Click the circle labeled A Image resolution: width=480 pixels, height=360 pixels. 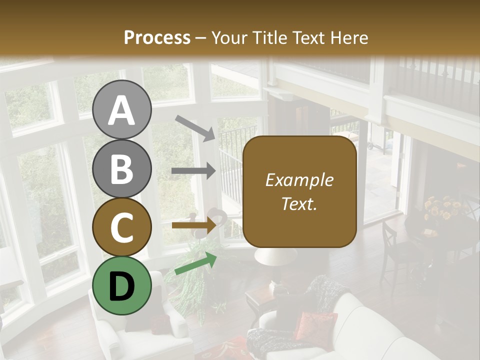[122, 109]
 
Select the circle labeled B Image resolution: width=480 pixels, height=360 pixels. [122, 168]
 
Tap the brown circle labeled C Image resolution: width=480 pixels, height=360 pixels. [122, 227]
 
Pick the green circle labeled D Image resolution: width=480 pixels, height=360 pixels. [122, 285]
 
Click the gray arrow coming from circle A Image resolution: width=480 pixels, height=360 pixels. [195, 127]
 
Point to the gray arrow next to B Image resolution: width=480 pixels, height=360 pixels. [193, 171]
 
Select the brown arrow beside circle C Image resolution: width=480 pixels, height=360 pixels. [193, 225]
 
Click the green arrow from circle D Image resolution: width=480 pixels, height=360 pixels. [195, 263]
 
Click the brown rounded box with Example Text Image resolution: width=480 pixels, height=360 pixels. [299, 191]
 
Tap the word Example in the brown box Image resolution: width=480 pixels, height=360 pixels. [299, 180]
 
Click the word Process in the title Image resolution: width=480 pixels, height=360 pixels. [157, 37]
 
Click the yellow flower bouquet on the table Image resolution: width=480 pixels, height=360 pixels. [442, 210]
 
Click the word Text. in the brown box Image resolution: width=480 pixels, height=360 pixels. [299, 203]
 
